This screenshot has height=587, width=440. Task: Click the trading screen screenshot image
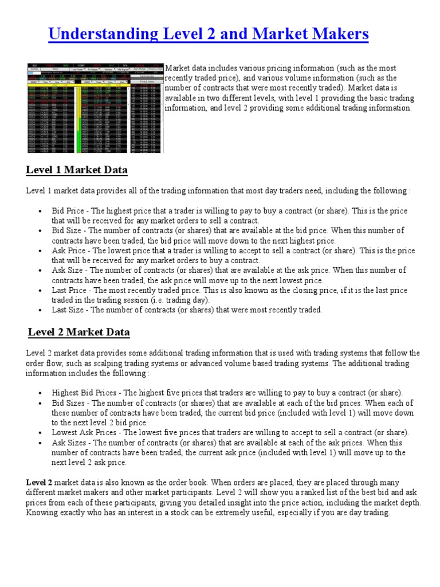click(x=95, y=108)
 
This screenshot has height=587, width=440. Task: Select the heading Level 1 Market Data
click(x=77, y=170)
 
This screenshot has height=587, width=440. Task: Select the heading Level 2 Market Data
click(x=79, y=332)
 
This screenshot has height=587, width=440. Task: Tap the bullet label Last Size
click(x=69, y=310)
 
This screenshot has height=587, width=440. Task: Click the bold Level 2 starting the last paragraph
click(x=39, y=483)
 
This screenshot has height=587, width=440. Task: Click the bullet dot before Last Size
click(x=40, y=310)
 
